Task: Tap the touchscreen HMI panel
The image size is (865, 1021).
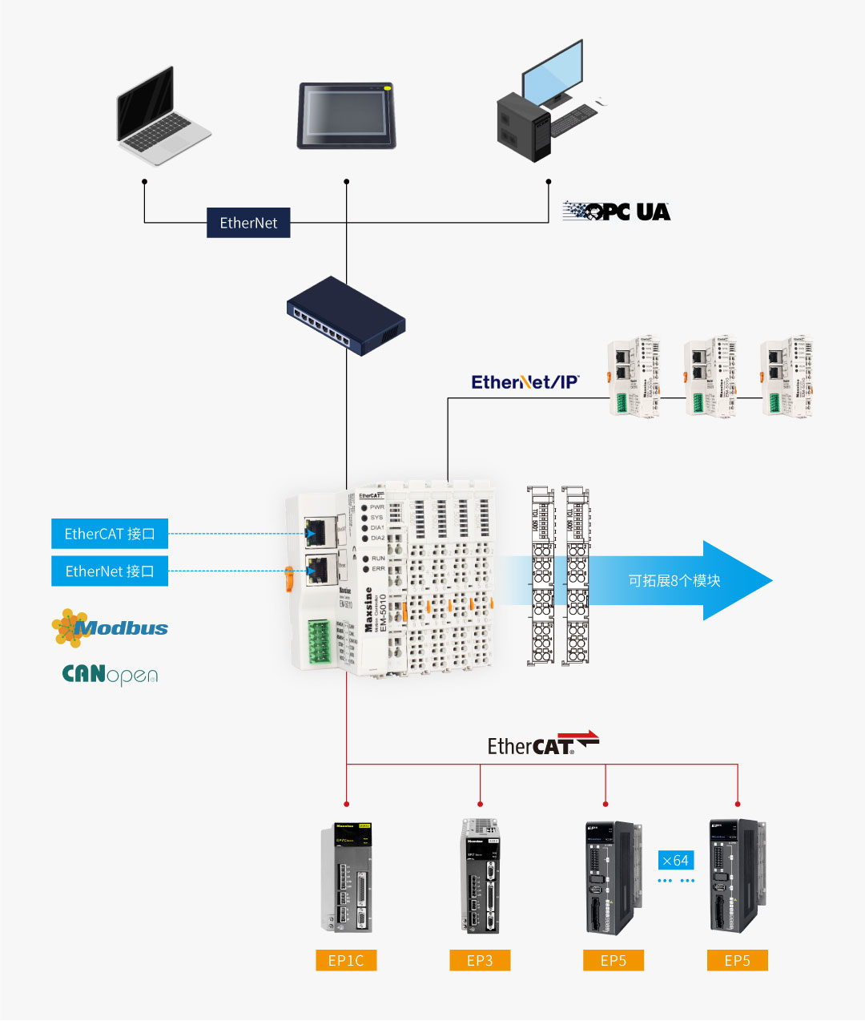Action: tap(347, 116)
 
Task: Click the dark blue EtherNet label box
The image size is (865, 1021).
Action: tap(248, 223)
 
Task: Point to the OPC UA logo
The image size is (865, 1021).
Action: tap(617, 212)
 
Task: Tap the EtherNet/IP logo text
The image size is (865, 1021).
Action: tap(525, 382)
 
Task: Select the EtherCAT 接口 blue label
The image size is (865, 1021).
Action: tap(110, 534)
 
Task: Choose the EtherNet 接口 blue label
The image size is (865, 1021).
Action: tap(110, 571)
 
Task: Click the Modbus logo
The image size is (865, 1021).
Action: tap(111, 628)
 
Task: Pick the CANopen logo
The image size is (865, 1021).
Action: tap(110, 674)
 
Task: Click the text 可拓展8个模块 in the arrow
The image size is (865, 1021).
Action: tap(674, 580)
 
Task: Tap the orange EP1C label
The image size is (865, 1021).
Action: tap(346, 960)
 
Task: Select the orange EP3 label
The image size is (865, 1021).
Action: tap(480, 960)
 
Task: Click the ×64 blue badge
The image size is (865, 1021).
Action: tap(675, 861)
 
